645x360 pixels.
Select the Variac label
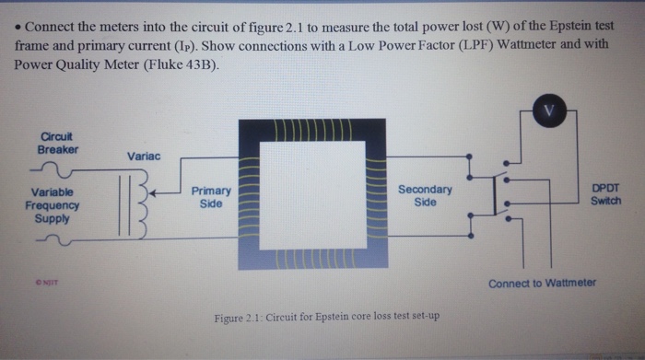coord(145,157)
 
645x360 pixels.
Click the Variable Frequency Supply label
coord(52,205)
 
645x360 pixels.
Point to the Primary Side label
coord(211,196)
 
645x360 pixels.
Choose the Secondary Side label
coord(425,195)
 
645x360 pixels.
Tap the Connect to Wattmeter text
coord(542,283)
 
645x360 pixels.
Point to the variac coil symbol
coord(134,203)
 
